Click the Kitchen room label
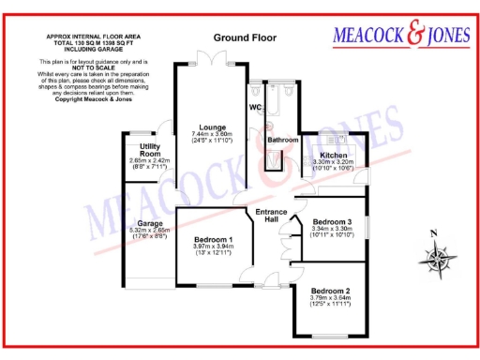click(x=333, y=155)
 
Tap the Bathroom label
click(x=282, y=140)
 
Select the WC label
click(x=255, y=107)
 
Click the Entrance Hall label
click(x=272, y=215)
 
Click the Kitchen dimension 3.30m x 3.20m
click(x=332, y=162)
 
